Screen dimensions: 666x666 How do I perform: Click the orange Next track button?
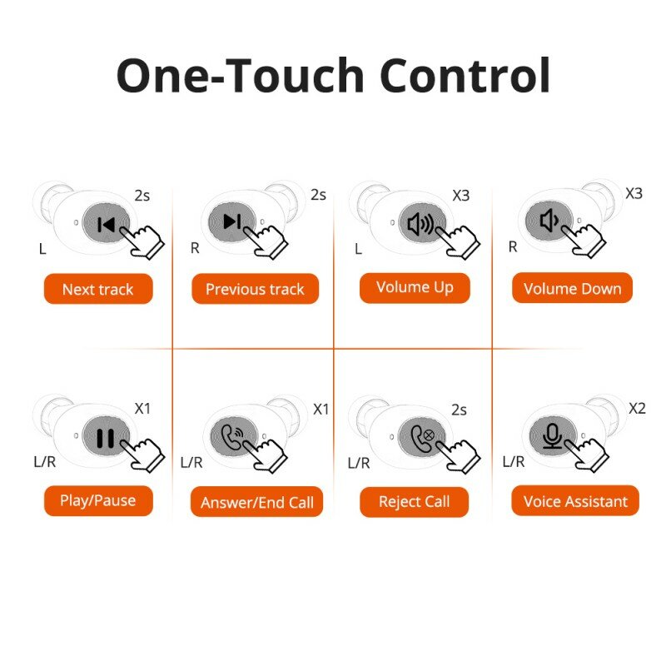click(x=97, y=290)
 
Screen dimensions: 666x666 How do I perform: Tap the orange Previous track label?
click(x=255, y=290)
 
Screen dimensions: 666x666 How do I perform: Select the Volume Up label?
click(x=415, y=288)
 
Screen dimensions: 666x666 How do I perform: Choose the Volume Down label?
click(x=572, y=289)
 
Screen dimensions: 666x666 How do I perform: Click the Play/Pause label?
click(x=97, y=501)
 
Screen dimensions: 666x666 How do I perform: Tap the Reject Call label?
click(x=414, y=502)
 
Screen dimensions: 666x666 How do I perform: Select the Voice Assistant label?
click(x=575, y=502)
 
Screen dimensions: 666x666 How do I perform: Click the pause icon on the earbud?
click(x=105, y=437)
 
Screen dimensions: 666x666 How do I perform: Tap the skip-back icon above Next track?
click(x=106, y=224)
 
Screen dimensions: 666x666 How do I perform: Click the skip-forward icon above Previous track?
click(x=232, y=221)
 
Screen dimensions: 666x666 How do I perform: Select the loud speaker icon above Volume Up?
click(x=420, y=223)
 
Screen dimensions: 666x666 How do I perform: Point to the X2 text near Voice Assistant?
click(x=636, y=408)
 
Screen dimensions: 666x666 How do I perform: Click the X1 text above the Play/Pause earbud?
click(x=143, y=409)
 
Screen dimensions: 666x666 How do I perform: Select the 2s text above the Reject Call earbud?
click(x=459, y=410)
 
